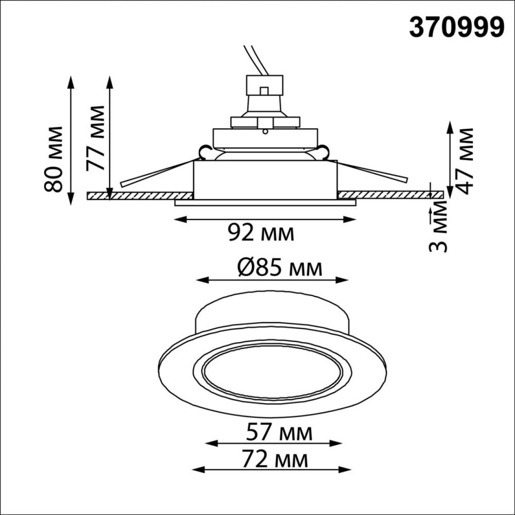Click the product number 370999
456,27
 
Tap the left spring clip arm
154,173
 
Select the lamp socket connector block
265,85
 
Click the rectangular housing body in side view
265,179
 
